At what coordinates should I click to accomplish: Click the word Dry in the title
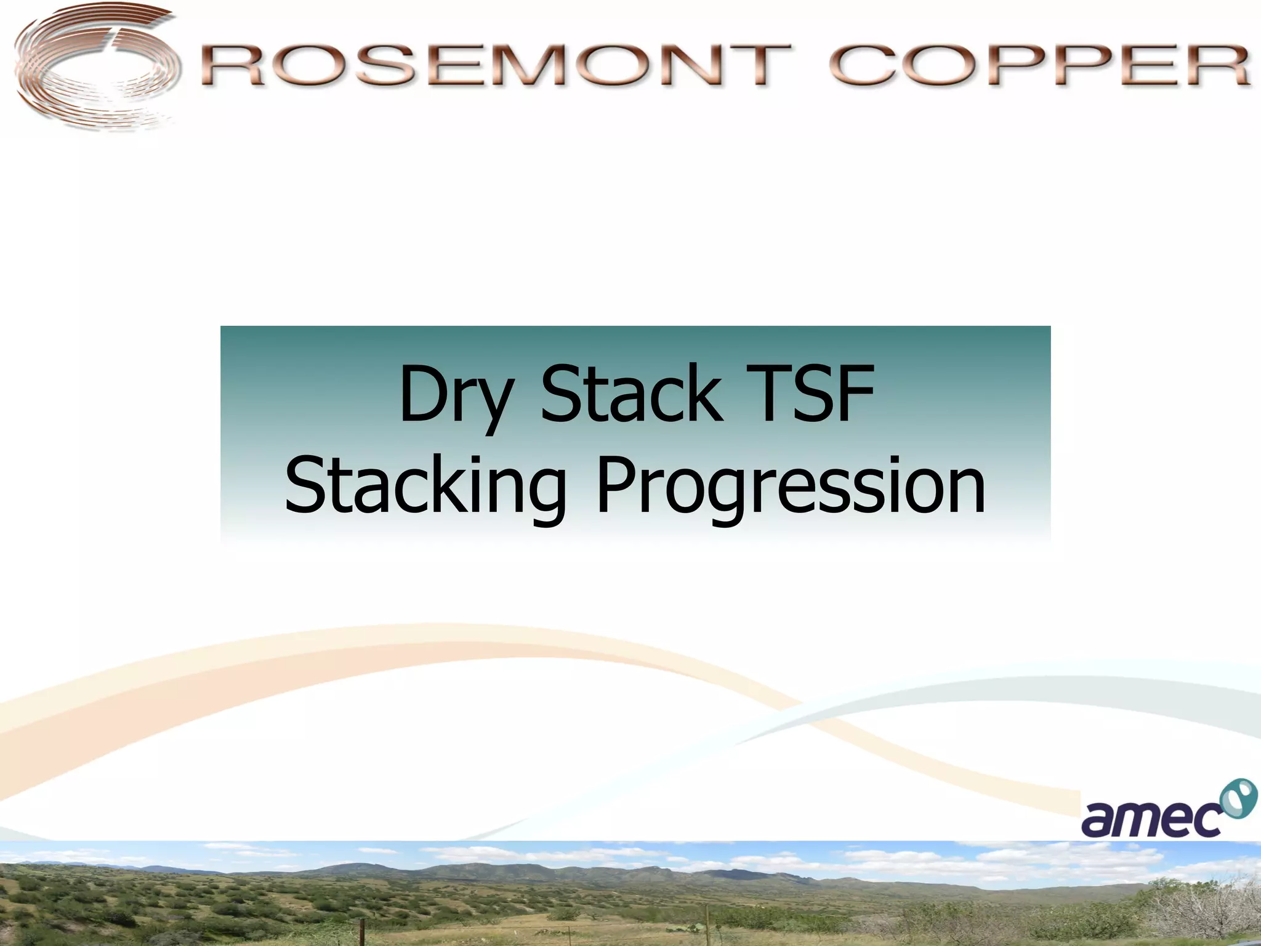tap(455, 394)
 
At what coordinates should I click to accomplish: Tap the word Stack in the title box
tap(632, 394)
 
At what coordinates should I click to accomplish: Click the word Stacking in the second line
tap(425, 487)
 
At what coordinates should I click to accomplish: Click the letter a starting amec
tap(1100, 819)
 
